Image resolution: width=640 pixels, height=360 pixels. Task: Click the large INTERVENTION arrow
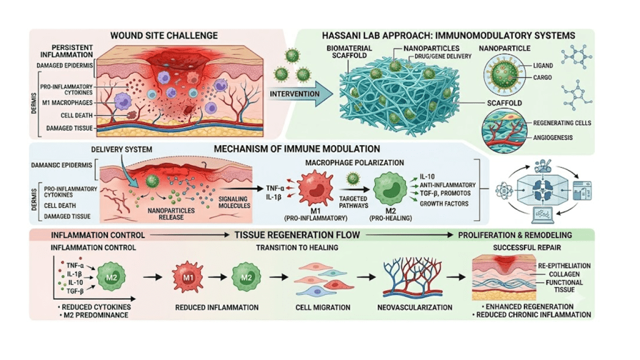[301, 94]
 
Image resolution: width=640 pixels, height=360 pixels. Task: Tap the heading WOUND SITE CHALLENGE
[164, 36]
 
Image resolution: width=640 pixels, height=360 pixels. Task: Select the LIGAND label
[543, 65]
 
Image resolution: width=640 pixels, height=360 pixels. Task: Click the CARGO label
[542, 77]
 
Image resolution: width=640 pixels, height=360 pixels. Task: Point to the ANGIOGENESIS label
[552, 137]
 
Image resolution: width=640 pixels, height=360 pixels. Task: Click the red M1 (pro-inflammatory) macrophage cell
[315, 189]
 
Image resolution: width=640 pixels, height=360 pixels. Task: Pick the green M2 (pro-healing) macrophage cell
[390, 189]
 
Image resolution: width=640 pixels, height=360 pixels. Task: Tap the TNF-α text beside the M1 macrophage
[275, 188]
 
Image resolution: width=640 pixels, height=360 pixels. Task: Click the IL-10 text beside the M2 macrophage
[427, 177]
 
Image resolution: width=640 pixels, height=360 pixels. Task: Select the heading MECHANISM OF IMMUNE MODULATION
[297, 149]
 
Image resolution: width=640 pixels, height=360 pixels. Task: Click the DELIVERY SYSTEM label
[121, 150]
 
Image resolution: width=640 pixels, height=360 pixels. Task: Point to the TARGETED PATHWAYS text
[354, 202]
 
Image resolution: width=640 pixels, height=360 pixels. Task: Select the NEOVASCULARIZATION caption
[415, 307]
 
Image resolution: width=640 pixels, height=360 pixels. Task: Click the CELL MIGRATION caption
[323, 307]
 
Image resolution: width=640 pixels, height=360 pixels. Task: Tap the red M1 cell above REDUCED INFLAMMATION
[187, 277]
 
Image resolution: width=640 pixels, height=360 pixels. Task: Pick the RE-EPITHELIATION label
[564, 266]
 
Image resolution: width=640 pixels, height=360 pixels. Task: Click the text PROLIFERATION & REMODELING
[515, 235]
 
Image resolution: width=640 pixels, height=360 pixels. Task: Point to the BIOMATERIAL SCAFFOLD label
[349, 51]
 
